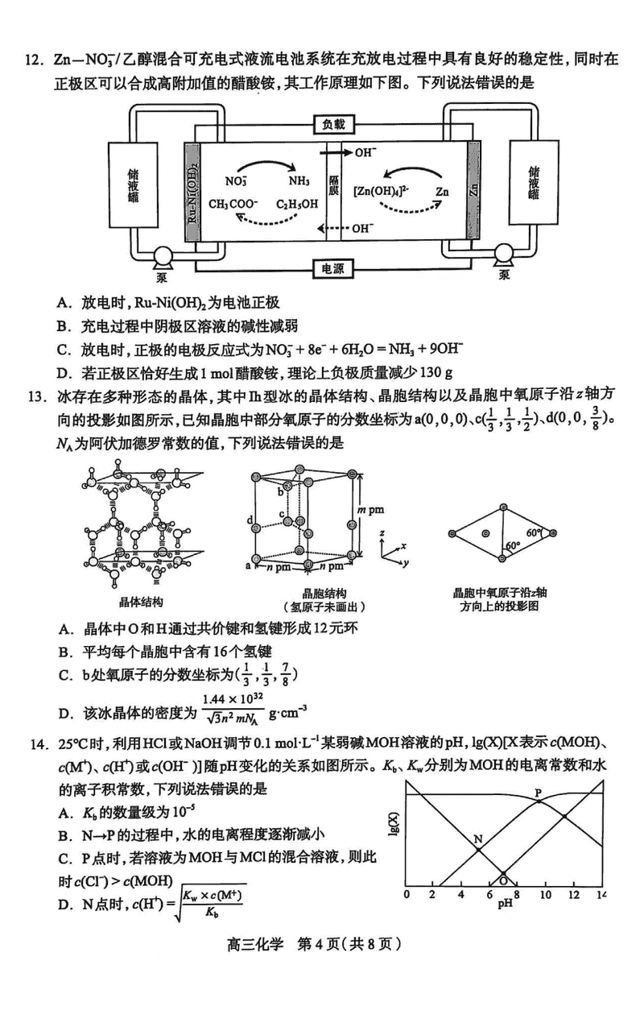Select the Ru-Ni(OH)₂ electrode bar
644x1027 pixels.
192,194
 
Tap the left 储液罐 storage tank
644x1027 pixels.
132,194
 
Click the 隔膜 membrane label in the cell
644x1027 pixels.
335,194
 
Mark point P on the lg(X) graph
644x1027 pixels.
539,793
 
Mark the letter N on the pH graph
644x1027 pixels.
477,839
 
